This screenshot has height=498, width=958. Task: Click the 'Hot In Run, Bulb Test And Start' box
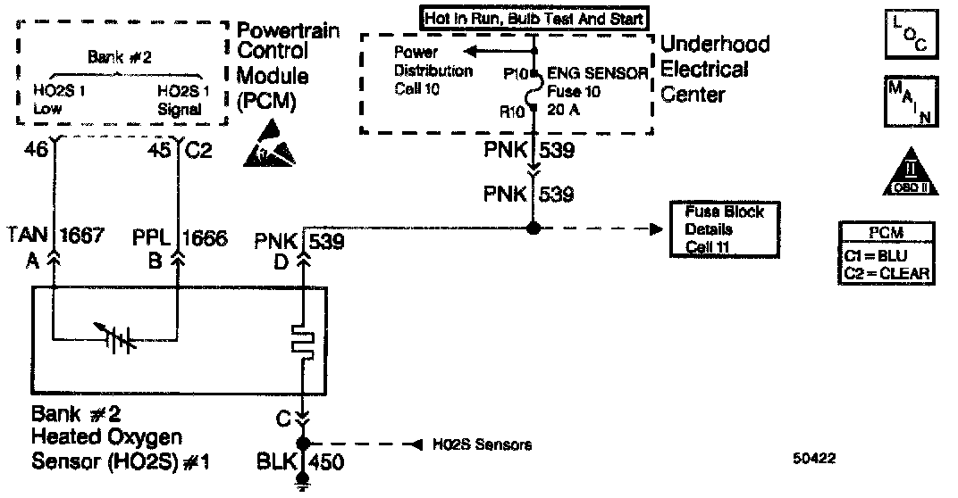(534, 17)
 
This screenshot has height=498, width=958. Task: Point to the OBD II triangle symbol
(907, 172)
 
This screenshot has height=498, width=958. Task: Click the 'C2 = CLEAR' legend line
(887, 273)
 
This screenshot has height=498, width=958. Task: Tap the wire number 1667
(82, 238)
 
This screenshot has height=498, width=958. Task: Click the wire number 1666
(206, 238)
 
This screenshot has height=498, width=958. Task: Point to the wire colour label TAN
(26, 238)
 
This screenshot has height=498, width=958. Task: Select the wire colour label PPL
(151, 238)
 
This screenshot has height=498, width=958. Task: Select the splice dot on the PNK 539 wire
(534, 229)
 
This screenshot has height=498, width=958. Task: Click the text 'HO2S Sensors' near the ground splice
(483, 444)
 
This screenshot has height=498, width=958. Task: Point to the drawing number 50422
(813, 459)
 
